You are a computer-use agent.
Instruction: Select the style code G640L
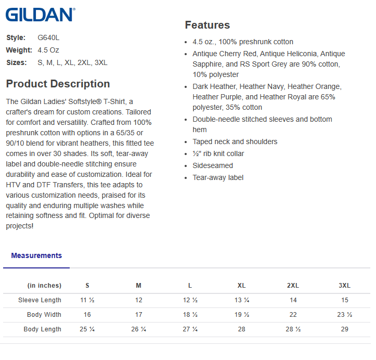point(49,37)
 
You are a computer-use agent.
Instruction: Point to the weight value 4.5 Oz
point(48,50)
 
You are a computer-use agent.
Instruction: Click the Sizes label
point(17,62)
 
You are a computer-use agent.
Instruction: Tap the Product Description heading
point(58,84)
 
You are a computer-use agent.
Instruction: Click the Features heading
point(207,25)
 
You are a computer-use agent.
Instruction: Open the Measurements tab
point(36,255)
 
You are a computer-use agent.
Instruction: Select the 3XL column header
point(344,286)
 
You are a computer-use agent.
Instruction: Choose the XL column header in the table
point(241,286)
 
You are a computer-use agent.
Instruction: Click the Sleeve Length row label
point(40,300)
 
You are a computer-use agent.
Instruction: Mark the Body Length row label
point(43,329)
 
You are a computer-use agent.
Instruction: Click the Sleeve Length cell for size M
point(138,300)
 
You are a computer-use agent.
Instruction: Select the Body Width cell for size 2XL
point(293,315)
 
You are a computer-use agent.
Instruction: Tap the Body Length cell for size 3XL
point(344,329)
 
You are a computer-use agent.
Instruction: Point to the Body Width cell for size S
point(87,315)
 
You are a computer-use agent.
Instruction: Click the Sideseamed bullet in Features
point(213,165)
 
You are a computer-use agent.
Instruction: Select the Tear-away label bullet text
point(218,177)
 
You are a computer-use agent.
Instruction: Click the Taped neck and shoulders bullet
point(235,142)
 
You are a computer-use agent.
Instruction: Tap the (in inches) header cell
point(44,286)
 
